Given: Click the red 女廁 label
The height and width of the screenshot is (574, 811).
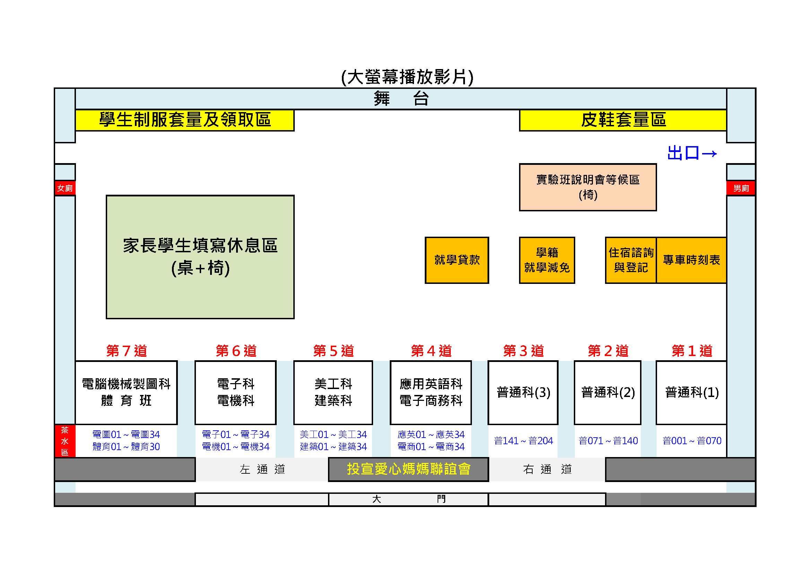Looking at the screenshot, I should tap(65, 188).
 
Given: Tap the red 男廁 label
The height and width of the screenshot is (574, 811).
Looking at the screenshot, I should tap(741, 188).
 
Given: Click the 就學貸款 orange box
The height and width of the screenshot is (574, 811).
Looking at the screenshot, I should tap(457, 260).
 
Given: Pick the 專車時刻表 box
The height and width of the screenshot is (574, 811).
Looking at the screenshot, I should tap(691, 260).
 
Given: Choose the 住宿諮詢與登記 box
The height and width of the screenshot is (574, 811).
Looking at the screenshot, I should tap(631, 260).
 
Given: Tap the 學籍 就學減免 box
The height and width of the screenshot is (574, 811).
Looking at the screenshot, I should tap(547, 260).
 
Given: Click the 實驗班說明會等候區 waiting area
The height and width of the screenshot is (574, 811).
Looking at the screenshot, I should tap(588, 187).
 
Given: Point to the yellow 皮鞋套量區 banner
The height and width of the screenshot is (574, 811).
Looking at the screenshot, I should tap(623, 120).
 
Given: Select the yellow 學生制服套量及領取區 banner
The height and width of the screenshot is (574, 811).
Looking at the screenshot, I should tap(185, 120).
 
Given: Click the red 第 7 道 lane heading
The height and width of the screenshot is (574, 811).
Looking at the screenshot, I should tap(127, 351).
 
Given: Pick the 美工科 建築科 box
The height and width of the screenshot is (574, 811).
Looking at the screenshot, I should tap(333, 392).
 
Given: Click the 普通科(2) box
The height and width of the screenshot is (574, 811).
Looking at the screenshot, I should tap(607, 392).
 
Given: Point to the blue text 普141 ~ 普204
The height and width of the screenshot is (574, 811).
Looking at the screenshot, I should tap(523, 441).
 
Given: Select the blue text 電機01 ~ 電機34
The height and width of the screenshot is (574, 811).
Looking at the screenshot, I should tap(235, 447).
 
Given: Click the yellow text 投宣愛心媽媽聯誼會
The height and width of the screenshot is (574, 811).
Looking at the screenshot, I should tap(409, 469).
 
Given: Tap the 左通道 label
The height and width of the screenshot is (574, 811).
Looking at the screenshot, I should tap(262, 470).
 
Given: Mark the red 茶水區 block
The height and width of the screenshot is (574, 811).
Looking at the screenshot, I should tap(65, 441).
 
